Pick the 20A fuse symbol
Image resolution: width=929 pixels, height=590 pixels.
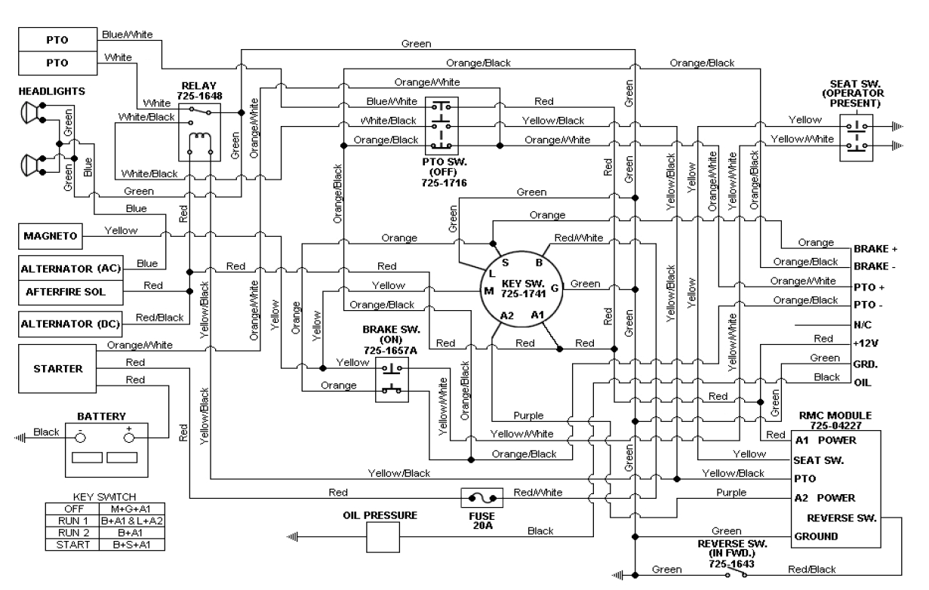pos(481,499)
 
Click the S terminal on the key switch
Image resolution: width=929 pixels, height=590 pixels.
pos(505,261)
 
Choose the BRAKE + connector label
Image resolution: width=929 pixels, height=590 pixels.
pos(875,248)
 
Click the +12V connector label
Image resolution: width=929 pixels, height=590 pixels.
pos(866,344)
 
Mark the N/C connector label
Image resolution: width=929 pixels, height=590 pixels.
pos(863,325)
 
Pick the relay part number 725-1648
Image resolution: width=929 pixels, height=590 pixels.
pos(199,97)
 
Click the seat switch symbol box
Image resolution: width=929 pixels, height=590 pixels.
pos(856,137)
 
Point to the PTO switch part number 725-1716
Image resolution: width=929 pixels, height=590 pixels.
pos(445,182)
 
